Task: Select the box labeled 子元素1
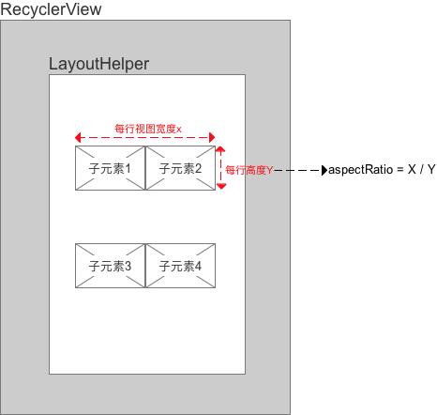[x=111, y=169]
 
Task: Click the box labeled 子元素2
[x=181, y=169]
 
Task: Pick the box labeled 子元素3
[x=111, y=267]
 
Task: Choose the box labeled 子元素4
[x=181, y=267]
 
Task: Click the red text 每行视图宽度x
[x=148, y=127]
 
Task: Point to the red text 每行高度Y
[x=249, y=171]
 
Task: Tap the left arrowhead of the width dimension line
[x=79, y=137]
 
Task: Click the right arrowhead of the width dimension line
[x=212, y=137]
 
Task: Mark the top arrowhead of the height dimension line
[x=221, y=149]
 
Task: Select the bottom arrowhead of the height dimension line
[x=221, y=187]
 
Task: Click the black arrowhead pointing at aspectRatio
[x=324, y=171]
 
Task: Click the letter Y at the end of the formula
[x=430, y=171]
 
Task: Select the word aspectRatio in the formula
[x=359, y=171]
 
